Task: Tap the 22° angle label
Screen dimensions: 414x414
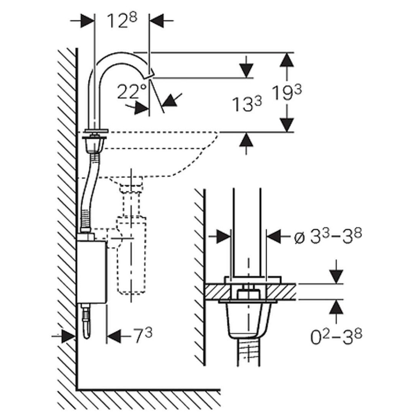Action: (132, 92)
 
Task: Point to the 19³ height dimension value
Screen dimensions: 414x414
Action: (287, 93)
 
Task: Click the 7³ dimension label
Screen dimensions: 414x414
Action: (143, 335)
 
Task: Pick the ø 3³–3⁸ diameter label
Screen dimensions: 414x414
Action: (327, 236)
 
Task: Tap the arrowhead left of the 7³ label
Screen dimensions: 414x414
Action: (114, 336)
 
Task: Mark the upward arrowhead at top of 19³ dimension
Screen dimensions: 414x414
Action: (287, 60)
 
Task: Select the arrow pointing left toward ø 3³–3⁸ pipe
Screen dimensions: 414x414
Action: (275, 237)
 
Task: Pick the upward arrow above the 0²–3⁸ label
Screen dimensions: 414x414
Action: (336, 307)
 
